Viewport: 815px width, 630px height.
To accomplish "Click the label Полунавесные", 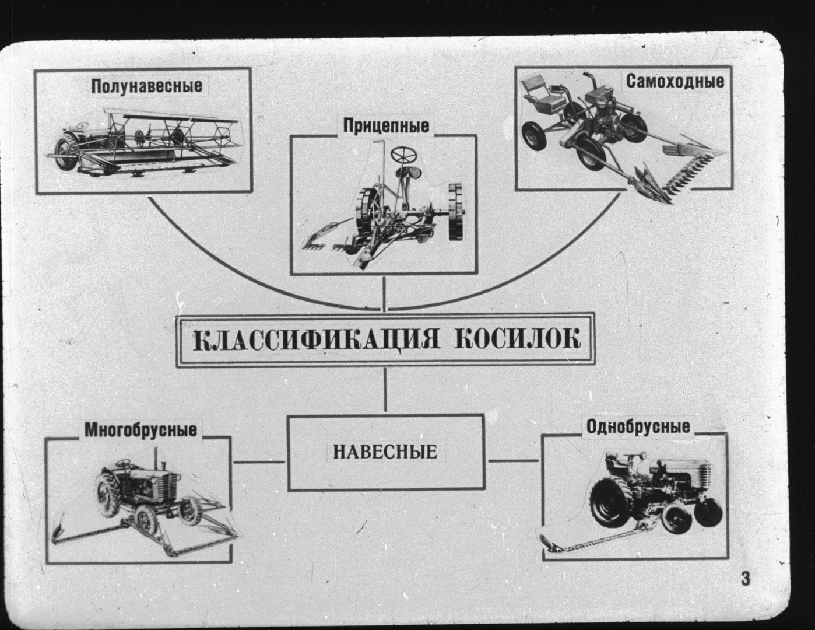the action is [147, 86].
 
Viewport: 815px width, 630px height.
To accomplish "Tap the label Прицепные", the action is [386, 125].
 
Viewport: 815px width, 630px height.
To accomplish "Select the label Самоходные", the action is [675, 81].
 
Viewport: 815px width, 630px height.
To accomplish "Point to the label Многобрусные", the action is [140, 430].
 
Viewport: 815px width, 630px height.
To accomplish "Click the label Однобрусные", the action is [638, 427].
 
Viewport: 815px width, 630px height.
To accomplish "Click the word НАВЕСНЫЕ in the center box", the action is [385, 452].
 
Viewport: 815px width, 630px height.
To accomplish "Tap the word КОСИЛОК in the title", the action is [518, 338].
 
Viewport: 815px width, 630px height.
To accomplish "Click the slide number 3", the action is [746, 579].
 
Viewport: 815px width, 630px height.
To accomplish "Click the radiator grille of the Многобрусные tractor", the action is [168, 484].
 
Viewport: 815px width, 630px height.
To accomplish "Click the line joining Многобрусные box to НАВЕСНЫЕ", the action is [259, 462].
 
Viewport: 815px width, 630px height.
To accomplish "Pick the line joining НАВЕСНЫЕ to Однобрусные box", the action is [514, 461].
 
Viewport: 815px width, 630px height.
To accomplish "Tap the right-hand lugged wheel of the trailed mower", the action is [457, 212].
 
